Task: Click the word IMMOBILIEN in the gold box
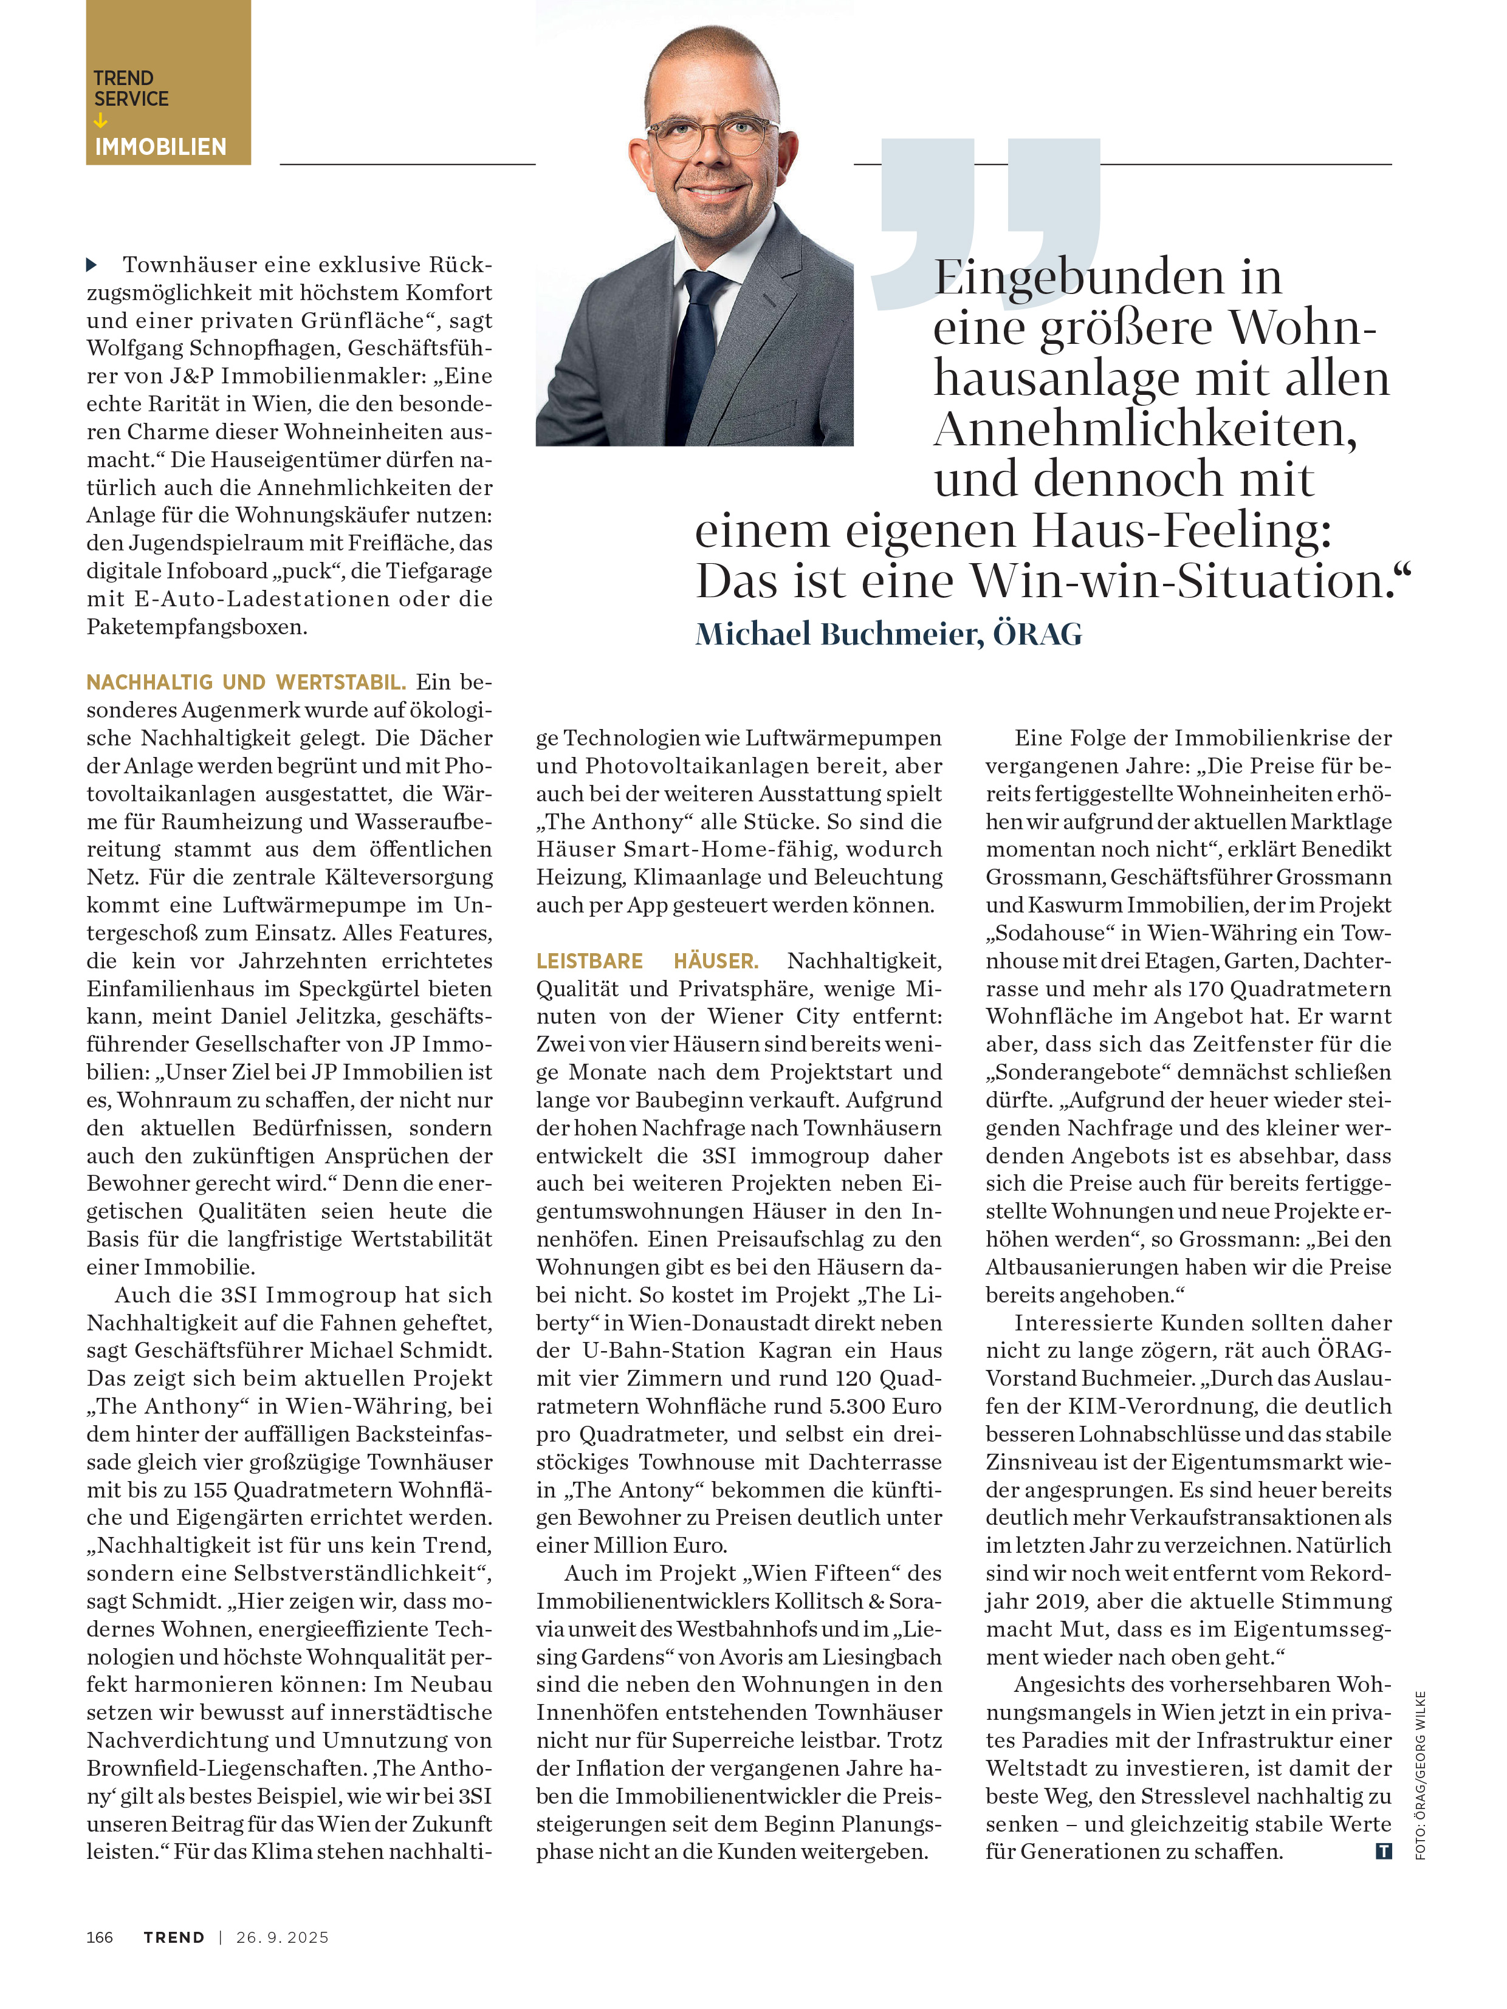click(160, 147)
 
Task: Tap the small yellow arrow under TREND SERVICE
click(100, 121)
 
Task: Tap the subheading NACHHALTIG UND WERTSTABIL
click(246, 682)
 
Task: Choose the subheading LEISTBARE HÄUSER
click(647, 961)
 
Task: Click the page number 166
click(100, 1937)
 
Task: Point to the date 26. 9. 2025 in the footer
click(283, 1937)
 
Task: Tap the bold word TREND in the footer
click(174, 1937)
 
